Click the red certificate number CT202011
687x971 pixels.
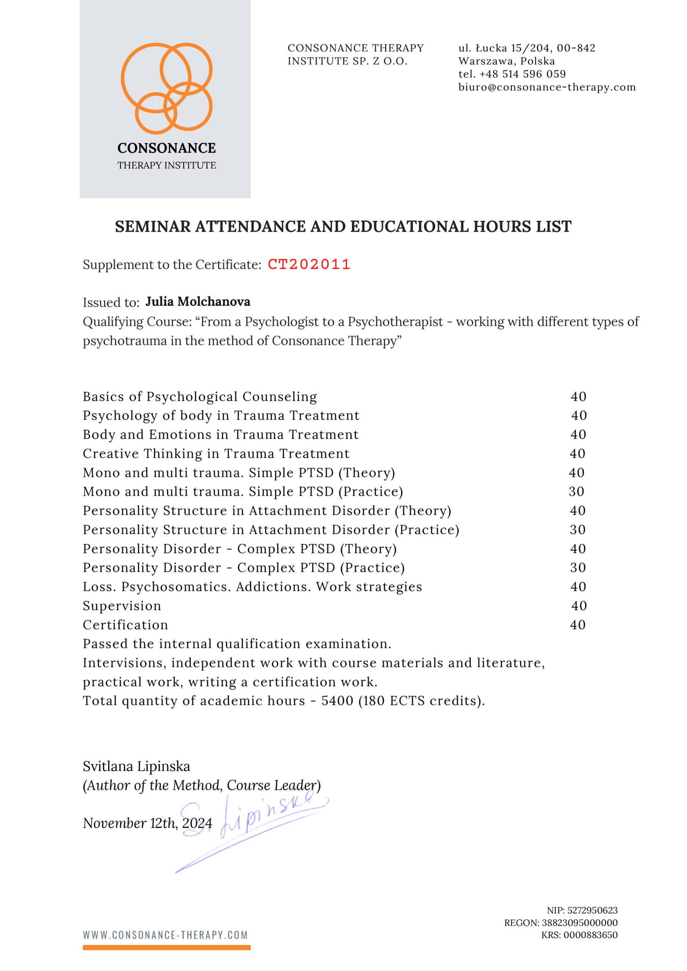point(309,264)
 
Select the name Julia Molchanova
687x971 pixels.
point(198,302)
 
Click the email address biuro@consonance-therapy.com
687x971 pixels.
point(547,87)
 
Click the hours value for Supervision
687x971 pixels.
point(579,606)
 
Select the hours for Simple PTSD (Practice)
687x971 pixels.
point(577,492)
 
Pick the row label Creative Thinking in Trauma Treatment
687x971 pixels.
point(216,453)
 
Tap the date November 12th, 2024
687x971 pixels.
point(147,823)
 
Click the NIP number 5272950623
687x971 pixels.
point(592,910)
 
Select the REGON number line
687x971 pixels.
point(561,922)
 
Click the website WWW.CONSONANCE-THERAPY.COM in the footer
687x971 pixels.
point(165,935)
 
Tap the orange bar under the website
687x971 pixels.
point(166,947)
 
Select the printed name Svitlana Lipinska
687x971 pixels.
point(136,766)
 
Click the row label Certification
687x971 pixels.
point(125,625)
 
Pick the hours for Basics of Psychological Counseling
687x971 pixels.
point(578,396)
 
